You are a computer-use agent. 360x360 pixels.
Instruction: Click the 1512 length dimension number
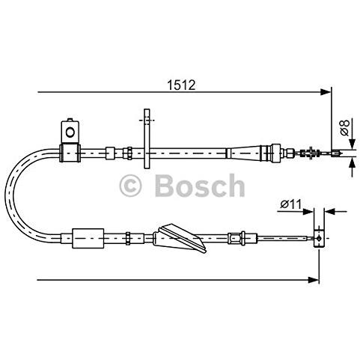(181, 85)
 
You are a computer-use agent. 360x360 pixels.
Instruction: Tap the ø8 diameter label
(344, 128)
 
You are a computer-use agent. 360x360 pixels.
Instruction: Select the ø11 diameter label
(291, 204)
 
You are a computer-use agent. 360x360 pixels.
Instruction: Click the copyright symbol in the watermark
(130, 186)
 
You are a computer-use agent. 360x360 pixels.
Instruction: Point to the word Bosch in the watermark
(200, 186)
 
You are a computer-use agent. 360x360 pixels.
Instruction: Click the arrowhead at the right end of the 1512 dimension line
(326, 92)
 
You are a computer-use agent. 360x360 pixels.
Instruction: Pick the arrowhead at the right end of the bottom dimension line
(314, 280)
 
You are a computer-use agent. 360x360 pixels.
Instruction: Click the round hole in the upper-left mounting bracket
(70, 132)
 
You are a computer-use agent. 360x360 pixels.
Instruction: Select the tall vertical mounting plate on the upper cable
(147, 138)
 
